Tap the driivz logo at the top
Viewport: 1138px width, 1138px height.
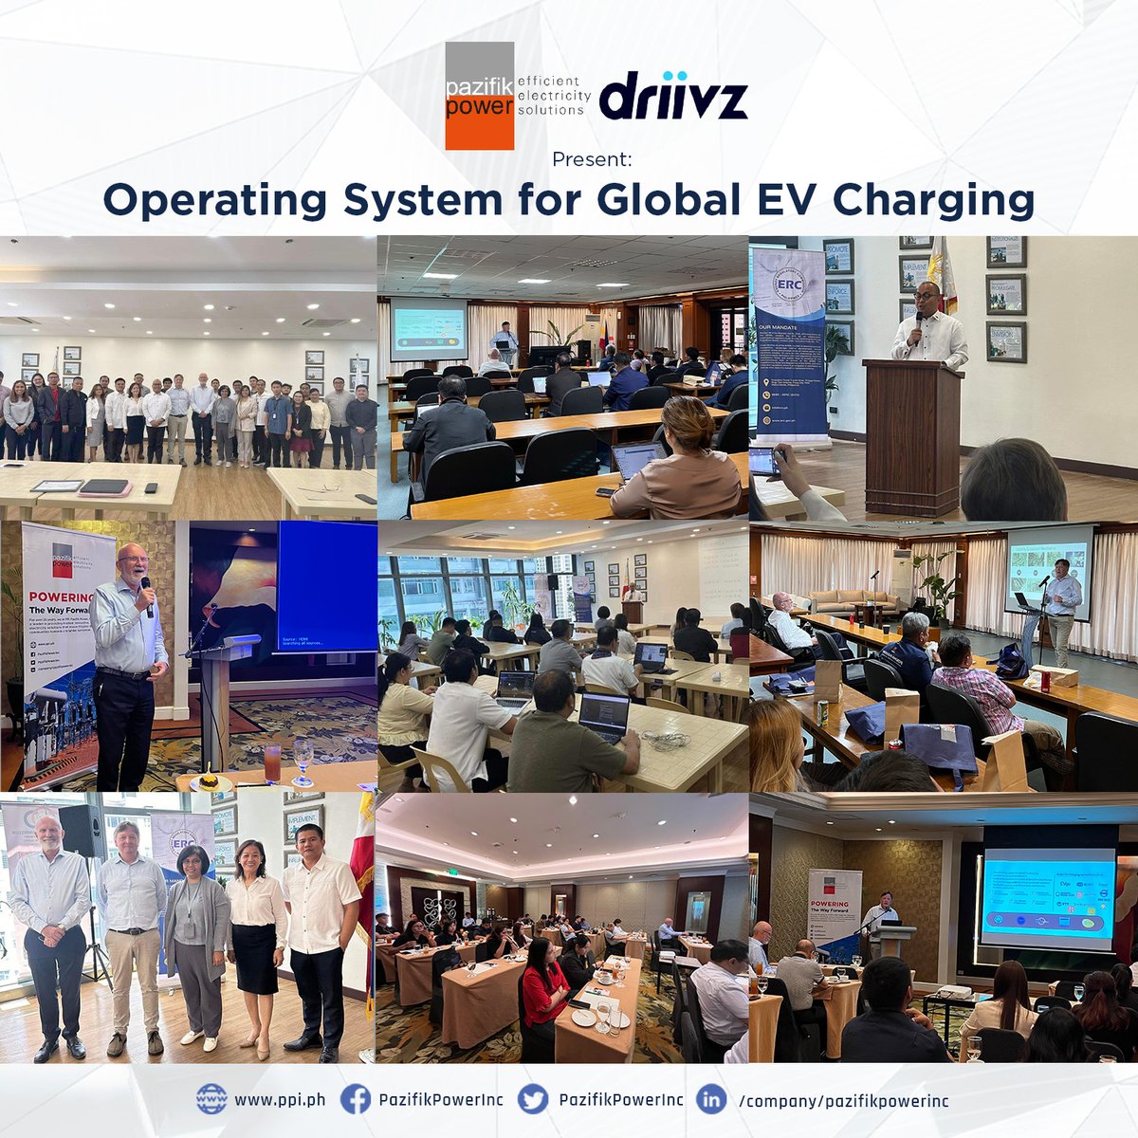pos(673,98)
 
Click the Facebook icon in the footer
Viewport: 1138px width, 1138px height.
pos(355,1100)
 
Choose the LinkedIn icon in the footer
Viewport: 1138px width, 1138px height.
pos(711,1100)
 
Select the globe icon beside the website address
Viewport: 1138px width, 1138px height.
pos(211,1100)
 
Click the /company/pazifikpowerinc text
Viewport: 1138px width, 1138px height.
pos(842,1101)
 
